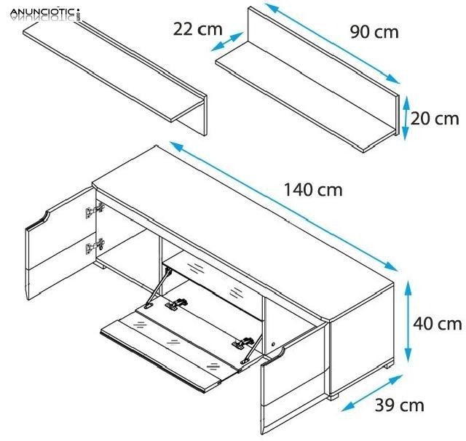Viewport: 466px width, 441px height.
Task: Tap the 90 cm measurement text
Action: (374, 33)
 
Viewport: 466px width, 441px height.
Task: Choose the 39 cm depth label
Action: (400, 405)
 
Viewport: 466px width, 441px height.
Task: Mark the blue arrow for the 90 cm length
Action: (333, 44)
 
